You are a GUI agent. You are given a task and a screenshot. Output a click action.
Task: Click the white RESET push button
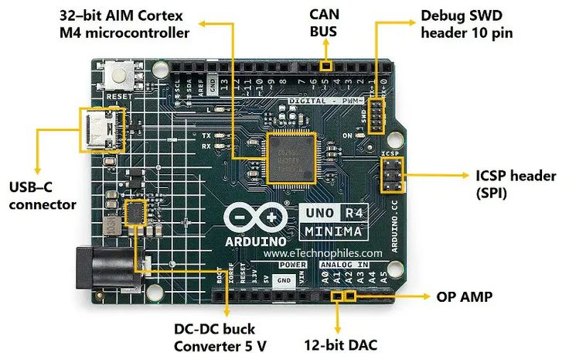pos(121,76)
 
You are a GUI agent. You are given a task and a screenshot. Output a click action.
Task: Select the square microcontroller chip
pos(290,157)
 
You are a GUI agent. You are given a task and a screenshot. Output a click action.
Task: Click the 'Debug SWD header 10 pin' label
pos(466,23)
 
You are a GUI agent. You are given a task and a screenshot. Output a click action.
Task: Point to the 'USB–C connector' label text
pos(43,195)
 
